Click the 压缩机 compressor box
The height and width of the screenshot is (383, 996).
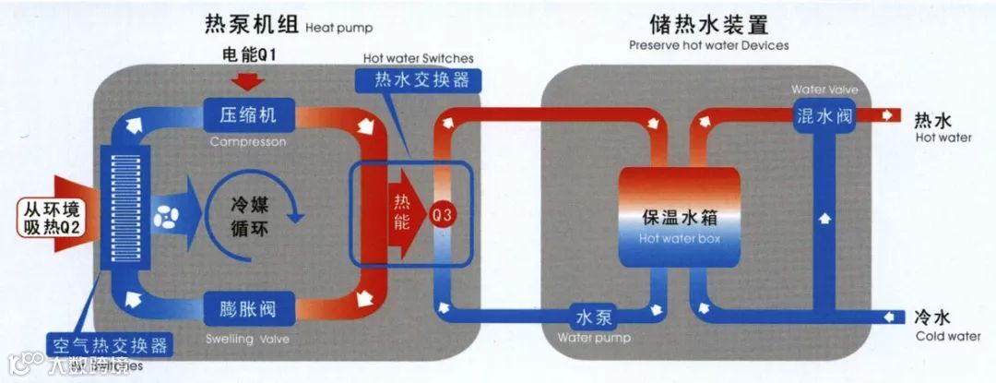pos(247,115)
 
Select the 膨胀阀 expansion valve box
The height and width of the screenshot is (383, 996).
pos(247,306)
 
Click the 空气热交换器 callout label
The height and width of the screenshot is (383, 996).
pos(111,346)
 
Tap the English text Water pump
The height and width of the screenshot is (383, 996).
pos(594,338)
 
